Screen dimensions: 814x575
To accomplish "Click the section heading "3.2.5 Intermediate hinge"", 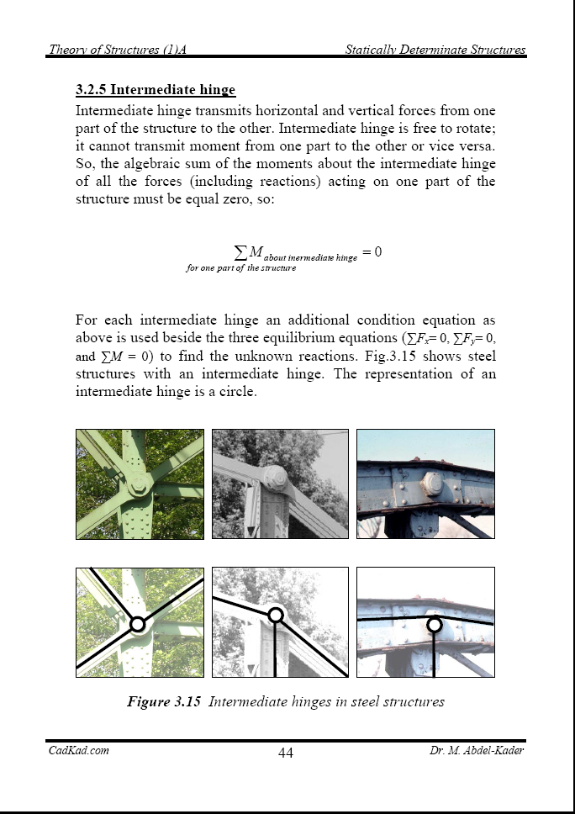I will click(x=156, y=90).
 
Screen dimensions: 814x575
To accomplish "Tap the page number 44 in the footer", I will click(x=286, y=753).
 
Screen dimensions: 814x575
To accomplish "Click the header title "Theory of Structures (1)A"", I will click(x=117, y=50).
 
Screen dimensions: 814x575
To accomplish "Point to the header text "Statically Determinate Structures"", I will click(x=435, y=50).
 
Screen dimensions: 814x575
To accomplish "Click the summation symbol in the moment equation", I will click(x=240, y=251).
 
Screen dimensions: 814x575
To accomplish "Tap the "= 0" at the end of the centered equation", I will click(x=372, y=251).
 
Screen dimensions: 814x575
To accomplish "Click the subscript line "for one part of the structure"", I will click(x=241, y=268).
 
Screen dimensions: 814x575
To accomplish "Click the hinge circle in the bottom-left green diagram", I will click(x=138, y=625).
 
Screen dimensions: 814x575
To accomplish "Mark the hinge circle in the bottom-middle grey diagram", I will click(x=275, y=616).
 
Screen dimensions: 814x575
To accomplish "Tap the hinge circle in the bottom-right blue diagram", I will click(x=434, y=625).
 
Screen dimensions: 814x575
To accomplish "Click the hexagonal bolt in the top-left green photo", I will click(x=140, y=487).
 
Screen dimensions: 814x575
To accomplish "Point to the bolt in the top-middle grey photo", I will click(x=275, y=478).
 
